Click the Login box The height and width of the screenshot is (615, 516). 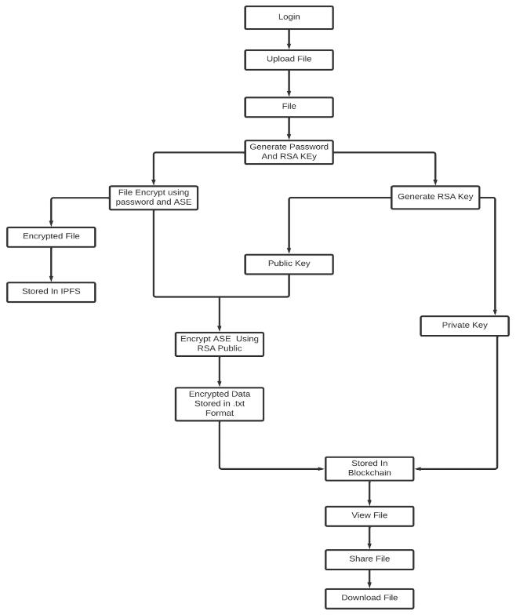289,16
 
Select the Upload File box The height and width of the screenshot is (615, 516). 289,60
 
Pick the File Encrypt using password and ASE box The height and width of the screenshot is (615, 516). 153,198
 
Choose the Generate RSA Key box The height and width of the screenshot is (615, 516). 435,197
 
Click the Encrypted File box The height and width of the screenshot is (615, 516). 51,235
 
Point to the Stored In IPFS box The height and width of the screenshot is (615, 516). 51,293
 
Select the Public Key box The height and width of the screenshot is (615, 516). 289,264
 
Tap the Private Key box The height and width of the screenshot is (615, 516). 464,325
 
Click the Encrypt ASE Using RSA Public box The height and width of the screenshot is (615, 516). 217,344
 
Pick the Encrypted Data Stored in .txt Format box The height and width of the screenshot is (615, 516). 219,402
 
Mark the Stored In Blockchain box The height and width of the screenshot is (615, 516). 369,468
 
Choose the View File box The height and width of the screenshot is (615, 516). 369,515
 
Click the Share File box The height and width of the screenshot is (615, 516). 369,559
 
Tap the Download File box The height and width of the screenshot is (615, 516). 369,598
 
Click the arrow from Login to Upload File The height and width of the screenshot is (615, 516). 289,38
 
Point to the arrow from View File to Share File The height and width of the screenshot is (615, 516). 369,537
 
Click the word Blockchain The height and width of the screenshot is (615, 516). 369,474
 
